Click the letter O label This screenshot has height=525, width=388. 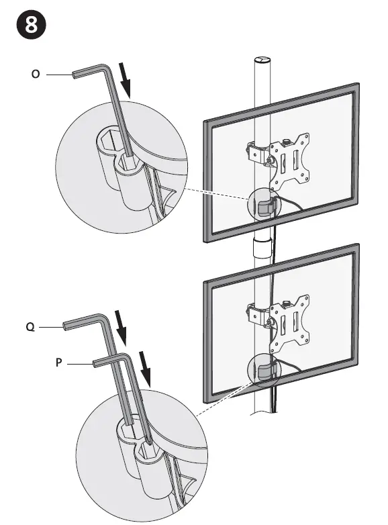[x=35, y=75]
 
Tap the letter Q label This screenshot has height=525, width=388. [x=30, y=328]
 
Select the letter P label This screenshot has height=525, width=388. [x=59, y=363]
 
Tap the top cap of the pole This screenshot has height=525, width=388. [x=262, y=60]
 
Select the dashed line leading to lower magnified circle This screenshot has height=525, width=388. [x=222, y=396]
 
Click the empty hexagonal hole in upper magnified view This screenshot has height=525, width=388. [x=107, y=144]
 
